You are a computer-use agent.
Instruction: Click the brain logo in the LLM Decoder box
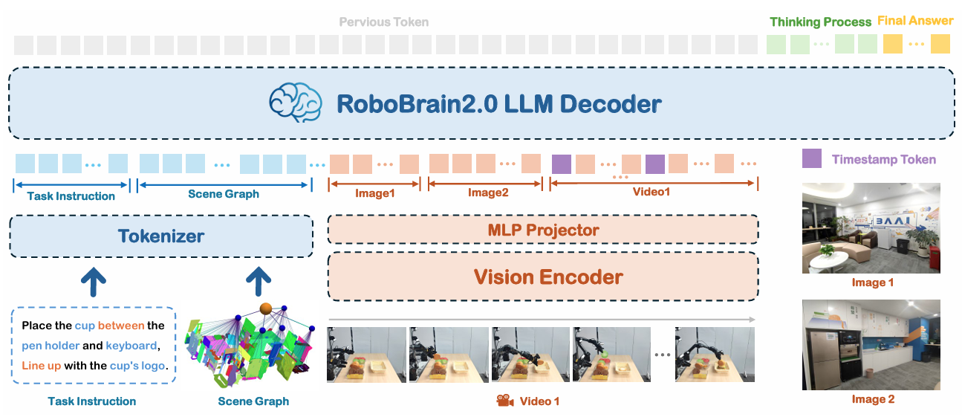click(x=295, y=103)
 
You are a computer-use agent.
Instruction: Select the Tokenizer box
click(x=160, y=237)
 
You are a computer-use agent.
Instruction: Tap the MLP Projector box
click(x=543, y=230)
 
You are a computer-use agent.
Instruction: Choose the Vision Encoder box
click(x=543, y=277)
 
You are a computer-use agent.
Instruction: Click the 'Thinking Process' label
click(x=820, y=22)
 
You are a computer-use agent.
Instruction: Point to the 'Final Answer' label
click(x=915, y=21)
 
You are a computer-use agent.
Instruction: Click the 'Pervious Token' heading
click(x=384, y=22)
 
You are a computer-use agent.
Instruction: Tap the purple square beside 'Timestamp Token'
click(x=812, y=158)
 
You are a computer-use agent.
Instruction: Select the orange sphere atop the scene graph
click(x=265, y=308)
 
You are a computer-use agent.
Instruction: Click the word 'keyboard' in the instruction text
click(x=131, y=346)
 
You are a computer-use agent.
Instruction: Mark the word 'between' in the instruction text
click(x=122, y=326)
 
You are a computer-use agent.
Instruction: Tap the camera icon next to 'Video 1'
click(x=505, y=401)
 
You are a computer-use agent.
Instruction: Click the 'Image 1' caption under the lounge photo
click(x=872, y=282)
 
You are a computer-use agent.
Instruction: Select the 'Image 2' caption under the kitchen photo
click(x=872, y=399)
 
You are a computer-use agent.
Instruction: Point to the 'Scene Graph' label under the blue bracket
click(x=224, y=194)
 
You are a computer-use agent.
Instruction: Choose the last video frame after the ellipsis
click(x=715, y=355)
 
